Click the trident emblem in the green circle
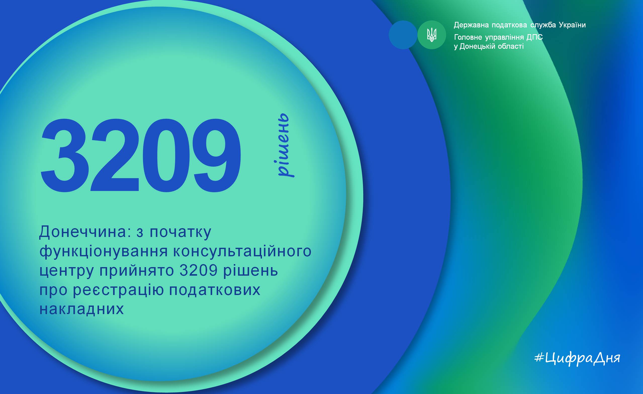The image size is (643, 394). coord(432,35)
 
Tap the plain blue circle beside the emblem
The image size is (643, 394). coord(403,35)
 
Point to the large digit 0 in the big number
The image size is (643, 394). coord(166,156)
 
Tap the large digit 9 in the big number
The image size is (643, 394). coord(216,156)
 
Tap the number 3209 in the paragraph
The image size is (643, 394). coord(199,271)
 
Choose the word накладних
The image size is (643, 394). coord(81,309)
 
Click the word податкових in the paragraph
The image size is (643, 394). coord(215,290)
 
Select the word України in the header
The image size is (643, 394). coord(572,25)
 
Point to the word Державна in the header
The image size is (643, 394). coord(471,25)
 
